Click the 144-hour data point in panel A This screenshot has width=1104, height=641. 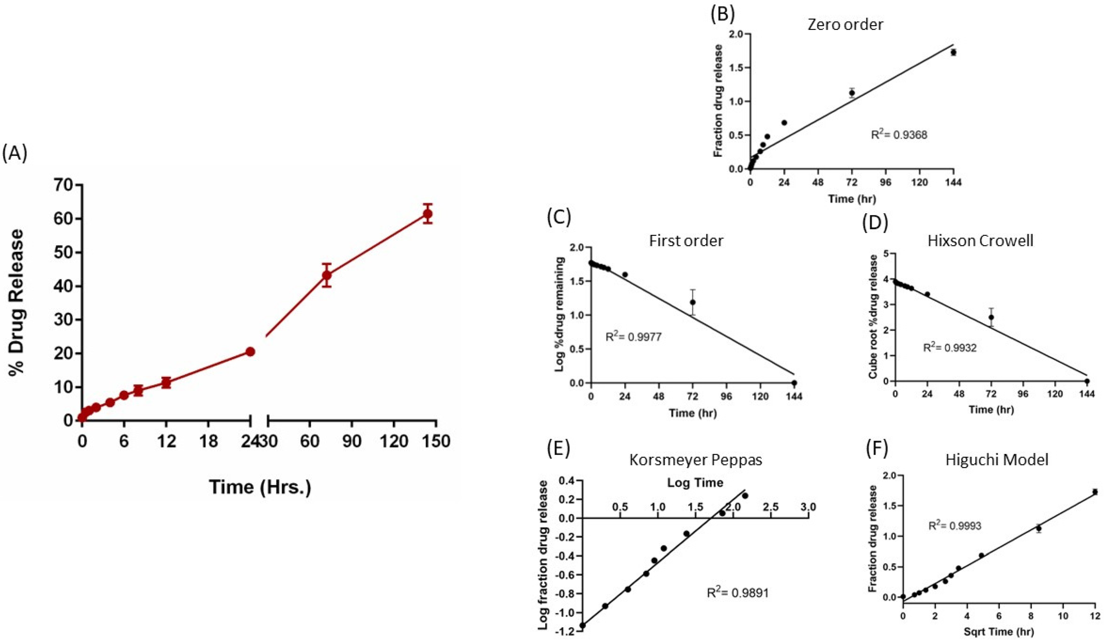[428, 214]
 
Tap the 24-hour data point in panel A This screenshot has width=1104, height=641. [250, 351]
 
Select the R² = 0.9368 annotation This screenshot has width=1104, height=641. [899, 135]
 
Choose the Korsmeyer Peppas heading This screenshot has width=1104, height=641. [696, 460]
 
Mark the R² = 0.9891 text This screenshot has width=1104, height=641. [738, 593]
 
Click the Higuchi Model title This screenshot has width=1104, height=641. [997, 460]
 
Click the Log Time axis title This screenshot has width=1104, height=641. [695, 483]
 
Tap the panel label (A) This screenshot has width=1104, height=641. [15, 154]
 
